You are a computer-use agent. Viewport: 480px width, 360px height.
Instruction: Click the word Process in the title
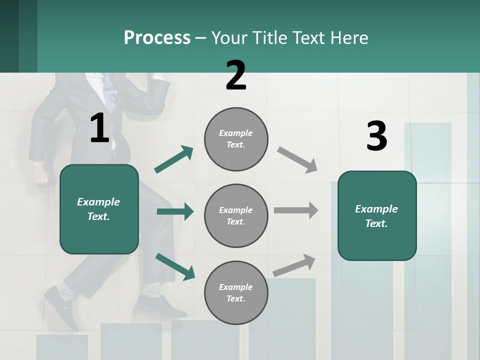point(157,38)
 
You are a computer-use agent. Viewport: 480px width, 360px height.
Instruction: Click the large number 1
point(99,127)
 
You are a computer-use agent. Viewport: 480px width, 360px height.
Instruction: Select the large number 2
point(235,75)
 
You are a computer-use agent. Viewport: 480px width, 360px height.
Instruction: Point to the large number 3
point(377,135)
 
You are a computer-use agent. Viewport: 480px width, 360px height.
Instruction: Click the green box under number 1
point(99,209)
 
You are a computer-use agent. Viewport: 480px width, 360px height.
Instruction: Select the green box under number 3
point(377,216)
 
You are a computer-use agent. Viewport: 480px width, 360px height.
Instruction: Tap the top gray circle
point(236,139)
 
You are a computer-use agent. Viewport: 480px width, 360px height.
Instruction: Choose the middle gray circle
point(236,216)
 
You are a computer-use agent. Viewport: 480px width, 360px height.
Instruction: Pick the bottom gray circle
point(236,292)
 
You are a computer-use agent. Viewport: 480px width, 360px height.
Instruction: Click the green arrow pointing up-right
point(173,159)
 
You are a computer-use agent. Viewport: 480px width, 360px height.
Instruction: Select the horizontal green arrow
point(175,211)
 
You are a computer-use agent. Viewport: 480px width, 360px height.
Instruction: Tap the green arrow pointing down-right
point(175,266)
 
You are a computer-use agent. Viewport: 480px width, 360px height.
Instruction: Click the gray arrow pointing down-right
point(297,160)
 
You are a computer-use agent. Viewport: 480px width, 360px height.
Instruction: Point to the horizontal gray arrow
point(296,210)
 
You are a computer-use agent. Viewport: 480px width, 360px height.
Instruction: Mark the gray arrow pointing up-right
point(294,265)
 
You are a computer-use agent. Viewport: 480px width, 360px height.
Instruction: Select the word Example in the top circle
point(235,133)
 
